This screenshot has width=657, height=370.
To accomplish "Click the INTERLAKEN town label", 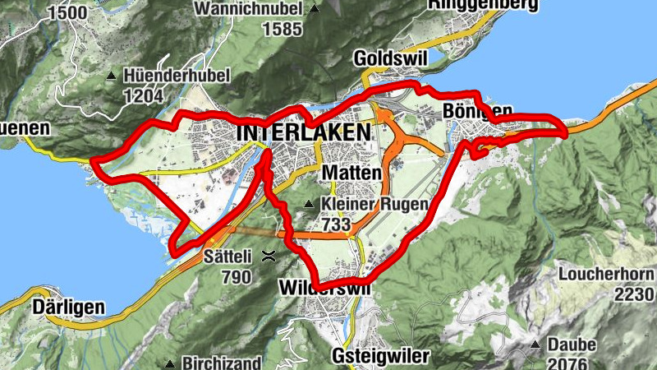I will pos(303,132).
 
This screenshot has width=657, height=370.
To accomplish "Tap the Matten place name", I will pos(352,173).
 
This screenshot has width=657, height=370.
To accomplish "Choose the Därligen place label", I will pos(69,308).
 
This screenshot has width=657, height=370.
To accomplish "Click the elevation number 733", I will pos(337,224).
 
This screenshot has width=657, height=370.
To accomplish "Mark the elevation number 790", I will pos(236,276).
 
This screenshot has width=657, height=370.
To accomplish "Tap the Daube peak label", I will pos(573,345).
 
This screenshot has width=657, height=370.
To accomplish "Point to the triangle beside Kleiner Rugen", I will pos(309,204).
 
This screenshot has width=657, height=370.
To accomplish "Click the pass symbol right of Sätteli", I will pos(268,257).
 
